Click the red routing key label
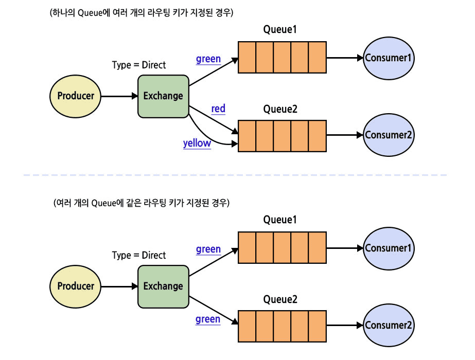218,109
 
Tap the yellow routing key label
197,143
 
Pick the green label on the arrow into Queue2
208,319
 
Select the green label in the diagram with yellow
208,59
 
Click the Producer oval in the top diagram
76,96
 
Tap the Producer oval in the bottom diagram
76,286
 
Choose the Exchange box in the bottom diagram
163,286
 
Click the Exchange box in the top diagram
163,96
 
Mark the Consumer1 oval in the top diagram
389,58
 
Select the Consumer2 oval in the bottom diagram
389,325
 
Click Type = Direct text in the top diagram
139,65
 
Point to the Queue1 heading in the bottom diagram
280,220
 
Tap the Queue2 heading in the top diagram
280,110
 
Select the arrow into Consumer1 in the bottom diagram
345,248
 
